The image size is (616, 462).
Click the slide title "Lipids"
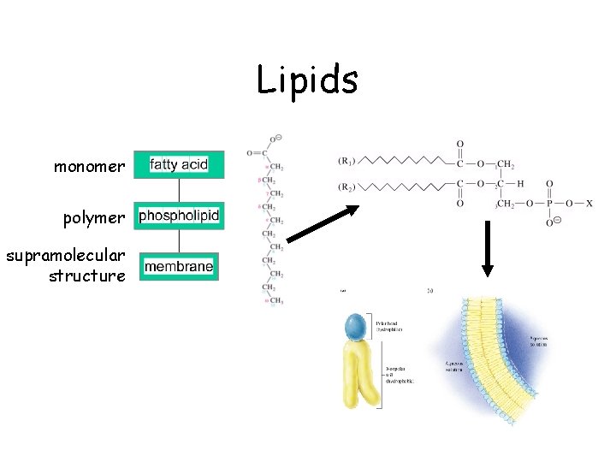tap(307, 81)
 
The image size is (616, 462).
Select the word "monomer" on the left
tap(89, 166)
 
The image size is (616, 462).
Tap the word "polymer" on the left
tap(94, 217)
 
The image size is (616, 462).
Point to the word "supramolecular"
tap(65, 256)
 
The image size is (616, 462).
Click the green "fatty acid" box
tap(179, 164)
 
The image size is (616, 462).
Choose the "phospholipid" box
tap(179, 216)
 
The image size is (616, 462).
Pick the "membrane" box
tap(179, 267)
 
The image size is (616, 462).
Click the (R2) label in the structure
tap(347, 186)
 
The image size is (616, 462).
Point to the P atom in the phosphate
tap(548, 204)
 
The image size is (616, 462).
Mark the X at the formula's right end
tap(589, 204)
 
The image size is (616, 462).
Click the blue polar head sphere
tap(355, 328)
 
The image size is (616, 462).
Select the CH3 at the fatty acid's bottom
tap(277, 302)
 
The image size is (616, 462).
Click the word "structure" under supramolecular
tap(87, 275)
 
